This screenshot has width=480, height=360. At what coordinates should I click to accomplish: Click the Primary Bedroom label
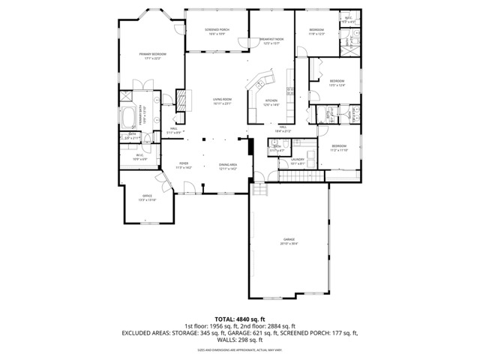[x=152, y=55]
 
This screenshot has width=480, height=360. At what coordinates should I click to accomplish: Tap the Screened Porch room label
[x=218, y=31]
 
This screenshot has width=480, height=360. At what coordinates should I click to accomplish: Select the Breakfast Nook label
[x=271, y=40]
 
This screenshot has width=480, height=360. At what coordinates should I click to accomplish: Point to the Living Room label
[x=222, y=100]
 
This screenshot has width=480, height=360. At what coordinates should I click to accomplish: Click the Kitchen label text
[x=271, y=102]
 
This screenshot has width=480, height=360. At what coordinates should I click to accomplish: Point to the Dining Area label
[x=228, y=166]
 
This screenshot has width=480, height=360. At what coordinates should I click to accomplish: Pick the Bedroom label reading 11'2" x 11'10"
[x=339, y=148]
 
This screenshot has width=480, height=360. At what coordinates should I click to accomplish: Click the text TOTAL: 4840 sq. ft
[x=240, y=319]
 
